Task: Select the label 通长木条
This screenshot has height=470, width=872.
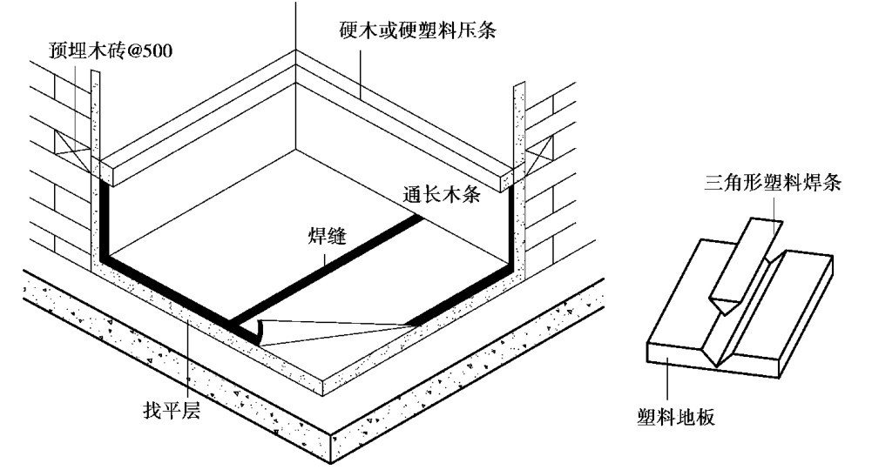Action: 442,194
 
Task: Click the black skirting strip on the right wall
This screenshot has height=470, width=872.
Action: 510,226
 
